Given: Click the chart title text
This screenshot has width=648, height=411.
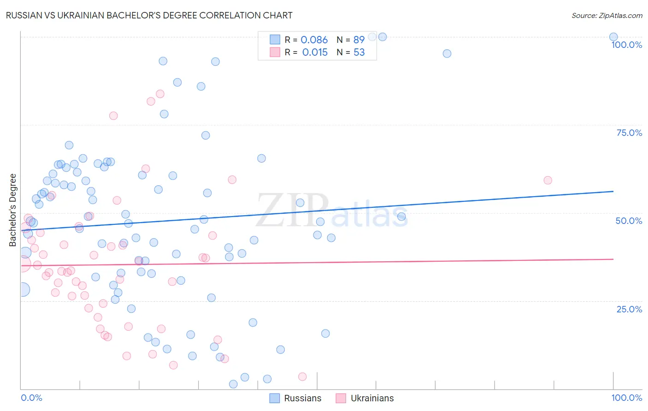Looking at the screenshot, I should point(149,15).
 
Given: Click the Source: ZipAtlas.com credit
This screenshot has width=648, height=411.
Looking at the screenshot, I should point(607,16).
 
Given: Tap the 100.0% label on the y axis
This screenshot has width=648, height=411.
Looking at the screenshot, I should point(626,45).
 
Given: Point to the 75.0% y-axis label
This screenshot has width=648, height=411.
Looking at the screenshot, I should point(629,133).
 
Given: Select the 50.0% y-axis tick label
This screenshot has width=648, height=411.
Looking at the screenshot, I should point(629,221).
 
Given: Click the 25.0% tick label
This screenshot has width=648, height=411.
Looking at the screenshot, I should point(629,309).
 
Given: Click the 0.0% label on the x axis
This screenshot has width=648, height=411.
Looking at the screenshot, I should point(31,398).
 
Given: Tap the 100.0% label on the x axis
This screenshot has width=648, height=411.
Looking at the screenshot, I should point(626,398).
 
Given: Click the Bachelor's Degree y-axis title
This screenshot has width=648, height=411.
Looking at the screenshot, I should point(13,210).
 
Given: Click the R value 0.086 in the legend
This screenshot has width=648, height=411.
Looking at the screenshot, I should point(314,40).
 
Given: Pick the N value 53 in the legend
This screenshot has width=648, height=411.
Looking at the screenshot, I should point(359,53).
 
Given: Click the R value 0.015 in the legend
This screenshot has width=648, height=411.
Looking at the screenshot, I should point(315,53).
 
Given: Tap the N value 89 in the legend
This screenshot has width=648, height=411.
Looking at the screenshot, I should point(359,40).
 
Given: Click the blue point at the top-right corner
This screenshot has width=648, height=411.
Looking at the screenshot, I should point(613,37).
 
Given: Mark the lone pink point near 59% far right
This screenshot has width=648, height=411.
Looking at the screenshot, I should point(548,180).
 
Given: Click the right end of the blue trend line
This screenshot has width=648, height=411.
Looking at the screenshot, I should point(613,191).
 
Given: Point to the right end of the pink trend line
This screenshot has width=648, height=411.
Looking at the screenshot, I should point(613,259).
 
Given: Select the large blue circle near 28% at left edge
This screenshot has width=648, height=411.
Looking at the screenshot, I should point(22,289).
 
